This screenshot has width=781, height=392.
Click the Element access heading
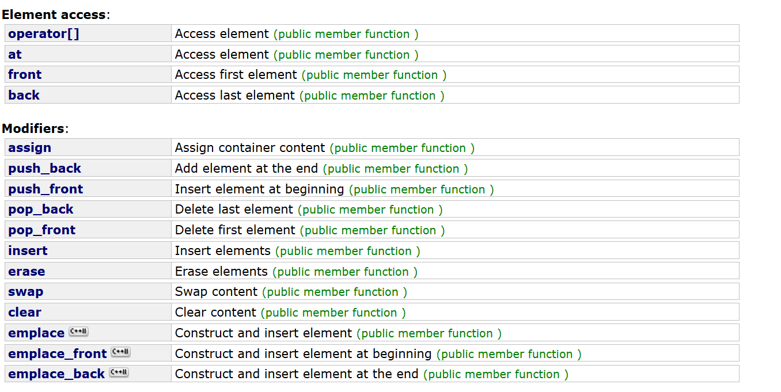(x=54, y=15)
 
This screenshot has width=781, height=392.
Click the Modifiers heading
(x=33, y=128)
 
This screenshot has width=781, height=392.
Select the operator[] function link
(x=44, y=34)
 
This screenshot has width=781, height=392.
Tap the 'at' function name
(x=15, y=55)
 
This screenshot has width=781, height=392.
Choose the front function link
(x=25, y=75)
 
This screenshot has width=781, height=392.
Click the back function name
(x=24, y=96)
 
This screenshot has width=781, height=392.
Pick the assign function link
(x=29, y=148)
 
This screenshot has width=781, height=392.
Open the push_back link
(x=44, y=169)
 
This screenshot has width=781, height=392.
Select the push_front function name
(x=46, y=189)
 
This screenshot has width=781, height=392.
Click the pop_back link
(x=41, y=210)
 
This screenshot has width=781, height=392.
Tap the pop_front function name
(x=41, y=230)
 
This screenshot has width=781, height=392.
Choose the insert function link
(x=28, y=251)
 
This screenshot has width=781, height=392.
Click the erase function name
(x=26, y=272)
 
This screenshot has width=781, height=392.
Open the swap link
(x=25, y=292)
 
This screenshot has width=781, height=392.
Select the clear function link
(x=25, y=313)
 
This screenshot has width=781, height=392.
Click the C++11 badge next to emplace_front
(x=120, y=352)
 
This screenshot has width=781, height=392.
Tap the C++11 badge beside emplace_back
(x=119, y=373)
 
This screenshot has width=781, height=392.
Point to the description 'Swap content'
(x=216, y=292)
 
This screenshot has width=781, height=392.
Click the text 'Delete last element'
(x=234, y=210)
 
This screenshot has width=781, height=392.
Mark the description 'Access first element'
(x=236, y=75)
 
